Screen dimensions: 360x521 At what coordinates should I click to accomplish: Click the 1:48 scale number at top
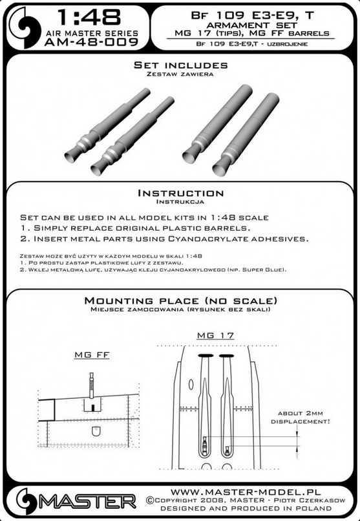pyautogui.click(x=89, y=17)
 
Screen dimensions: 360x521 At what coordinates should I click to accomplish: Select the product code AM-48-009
pyautogui.click(x=90, y=42)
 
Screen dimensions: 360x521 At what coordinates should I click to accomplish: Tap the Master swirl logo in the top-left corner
pyautogui.click(x=25, y=27)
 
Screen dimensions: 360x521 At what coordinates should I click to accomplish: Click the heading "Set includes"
pyautogui.click(x=181, y=65)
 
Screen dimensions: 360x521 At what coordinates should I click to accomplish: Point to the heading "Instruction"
pyautogui.click(x=181, y=193)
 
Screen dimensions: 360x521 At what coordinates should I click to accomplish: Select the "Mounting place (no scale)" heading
pyautogui.click(x=181, y=301)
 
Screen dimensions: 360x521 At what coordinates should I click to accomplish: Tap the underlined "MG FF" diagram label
pyautogui.click(x=92, y=355)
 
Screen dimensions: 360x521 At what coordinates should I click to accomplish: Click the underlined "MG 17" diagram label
pyautogui.click(x=215, y=335)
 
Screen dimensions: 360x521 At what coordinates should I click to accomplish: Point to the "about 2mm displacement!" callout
pyautogui.click(x=301, y=418)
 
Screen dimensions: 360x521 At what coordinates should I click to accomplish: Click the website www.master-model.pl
pyautogui.click(x=246, y=492)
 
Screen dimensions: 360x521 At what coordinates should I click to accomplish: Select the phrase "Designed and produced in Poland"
pyautogui.click(x=246, y=508)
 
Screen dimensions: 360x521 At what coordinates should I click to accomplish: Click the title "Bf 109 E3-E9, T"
pyautogui.click(x=253, y=16)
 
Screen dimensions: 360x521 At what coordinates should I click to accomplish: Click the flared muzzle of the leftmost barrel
pyautogui.click(x=71, y=157)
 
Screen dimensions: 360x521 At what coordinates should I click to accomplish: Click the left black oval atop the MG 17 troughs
pyautogui.click(x=206, y=356)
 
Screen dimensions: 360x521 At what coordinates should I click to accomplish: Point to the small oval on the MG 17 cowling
pyautogui.click(x=191, y=385)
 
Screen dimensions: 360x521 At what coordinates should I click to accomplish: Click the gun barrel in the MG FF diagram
pyautogui.click(x=91, y=385)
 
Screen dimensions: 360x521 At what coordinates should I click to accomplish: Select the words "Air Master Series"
pyautogui.click(x=92, y=33)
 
